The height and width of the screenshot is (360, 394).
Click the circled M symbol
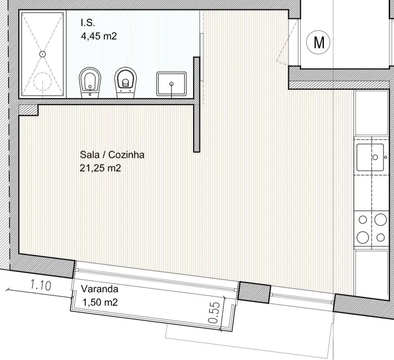[318, 42]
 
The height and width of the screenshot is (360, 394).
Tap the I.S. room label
[88, 23]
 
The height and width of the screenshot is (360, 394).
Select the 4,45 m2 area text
[99, 36]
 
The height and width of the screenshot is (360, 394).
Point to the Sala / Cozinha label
[112, 155]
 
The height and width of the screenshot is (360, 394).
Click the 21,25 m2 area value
[100, 168]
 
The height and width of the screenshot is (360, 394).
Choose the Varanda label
[99, 289]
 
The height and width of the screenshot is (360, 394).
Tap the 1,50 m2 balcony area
[100, 302]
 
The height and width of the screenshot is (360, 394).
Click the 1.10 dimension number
[40, 285]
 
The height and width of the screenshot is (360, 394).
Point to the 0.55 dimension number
[214, 313]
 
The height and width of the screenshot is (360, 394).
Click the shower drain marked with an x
[43, 54]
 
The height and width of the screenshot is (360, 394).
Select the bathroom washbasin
[172, 84]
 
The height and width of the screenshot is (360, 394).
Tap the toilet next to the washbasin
[125, 83]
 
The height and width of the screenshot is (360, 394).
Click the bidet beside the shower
[90, 83]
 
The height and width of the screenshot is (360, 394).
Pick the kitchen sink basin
[370, 157]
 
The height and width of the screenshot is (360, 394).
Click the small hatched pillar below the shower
[28, 110]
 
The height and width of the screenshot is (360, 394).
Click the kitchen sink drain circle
[375, 157]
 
